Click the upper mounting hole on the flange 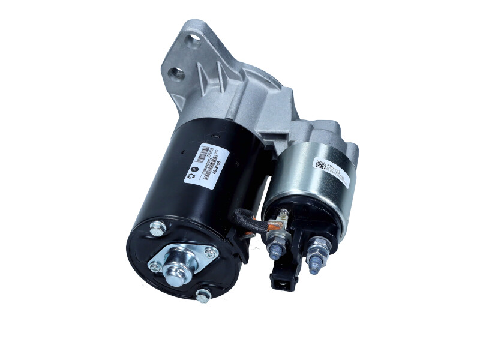[194, 40]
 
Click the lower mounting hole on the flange [177, 74]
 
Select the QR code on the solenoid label [320, 164]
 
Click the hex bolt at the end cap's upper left [158, 228]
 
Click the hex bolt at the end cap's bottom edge [204, 295]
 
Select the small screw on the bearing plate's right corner [210, 253]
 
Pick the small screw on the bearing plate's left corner [155, 266]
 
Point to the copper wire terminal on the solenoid [275, 225]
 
